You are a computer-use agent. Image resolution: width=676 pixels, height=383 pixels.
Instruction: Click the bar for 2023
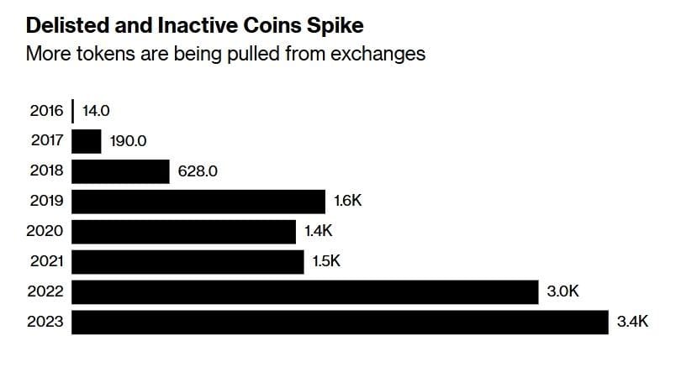point(340,323)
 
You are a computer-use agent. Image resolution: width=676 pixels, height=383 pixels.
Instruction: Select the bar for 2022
point(304,292)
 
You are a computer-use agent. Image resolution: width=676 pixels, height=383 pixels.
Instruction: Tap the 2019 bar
point(198,202)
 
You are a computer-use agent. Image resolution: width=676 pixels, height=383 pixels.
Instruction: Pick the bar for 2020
point(184,232)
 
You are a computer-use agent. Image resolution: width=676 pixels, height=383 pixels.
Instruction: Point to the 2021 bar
point(187,262)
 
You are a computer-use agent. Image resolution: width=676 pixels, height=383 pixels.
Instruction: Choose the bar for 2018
point(121,171)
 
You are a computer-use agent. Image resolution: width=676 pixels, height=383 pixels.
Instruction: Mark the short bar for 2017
point(87,141)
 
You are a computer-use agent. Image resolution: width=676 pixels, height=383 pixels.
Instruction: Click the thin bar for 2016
point(73,111)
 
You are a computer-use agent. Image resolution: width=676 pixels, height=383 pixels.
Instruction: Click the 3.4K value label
point(631,323)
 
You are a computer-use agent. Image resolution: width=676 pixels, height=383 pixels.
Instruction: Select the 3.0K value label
point(562,292)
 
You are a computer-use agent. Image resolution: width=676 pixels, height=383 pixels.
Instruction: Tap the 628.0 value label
point(198,171)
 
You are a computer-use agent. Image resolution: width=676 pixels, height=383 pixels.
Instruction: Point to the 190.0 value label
point(129,141)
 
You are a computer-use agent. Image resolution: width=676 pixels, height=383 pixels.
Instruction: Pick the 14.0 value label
point(98,111)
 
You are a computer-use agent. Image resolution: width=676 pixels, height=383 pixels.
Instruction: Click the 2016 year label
point(46,111)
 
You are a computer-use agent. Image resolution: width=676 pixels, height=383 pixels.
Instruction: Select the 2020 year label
point(46,232)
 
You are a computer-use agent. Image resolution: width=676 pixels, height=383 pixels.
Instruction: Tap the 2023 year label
point(46,323)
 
